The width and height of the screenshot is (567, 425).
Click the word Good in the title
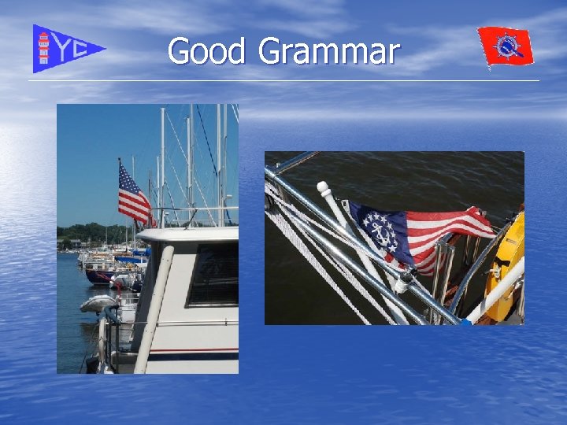pos(209,51)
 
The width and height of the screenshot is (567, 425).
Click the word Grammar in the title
pos(328,53)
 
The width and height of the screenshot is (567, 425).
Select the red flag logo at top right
pos(505,46)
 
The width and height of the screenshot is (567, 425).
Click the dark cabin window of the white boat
pos(213,275)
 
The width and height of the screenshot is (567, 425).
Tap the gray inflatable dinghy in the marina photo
pos(98,303)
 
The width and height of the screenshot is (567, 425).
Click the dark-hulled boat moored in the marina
pos(102,275)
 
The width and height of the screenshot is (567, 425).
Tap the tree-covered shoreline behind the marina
pos(87,233)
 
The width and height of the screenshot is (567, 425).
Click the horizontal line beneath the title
pos(283,81)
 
